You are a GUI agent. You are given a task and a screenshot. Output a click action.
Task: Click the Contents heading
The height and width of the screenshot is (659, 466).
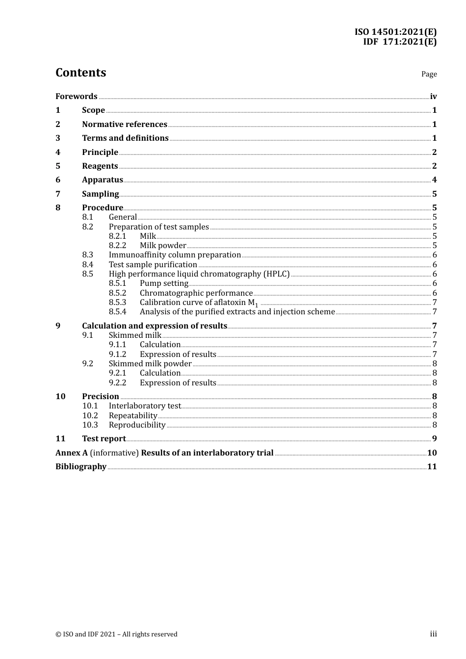click(x=80, y=73)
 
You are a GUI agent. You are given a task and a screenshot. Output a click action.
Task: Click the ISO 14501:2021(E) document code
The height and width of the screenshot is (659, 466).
click(x=395, y=32)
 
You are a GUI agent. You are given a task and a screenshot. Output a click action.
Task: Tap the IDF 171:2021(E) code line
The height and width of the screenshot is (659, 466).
click(x=399, y=42)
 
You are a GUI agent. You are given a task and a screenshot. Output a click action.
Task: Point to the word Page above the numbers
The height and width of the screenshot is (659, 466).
click(x=429, y=74)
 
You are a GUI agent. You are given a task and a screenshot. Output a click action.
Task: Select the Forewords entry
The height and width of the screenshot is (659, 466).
click(x=77, y=97)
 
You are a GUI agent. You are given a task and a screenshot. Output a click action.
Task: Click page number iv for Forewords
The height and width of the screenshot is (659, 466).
click(x=433, y=97)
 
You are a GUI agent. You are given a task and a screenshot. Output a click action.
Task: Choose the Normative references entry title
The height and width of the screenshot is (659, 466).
click(x=125, y=125)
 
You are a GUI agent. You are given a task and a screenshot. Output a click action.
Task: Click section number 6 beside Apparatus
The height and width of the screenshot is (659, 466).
click(x=58, y=180)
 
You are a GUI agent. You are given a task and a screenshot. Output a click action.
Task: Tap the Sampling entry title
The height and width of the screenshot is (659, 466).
click(x=101, y=194)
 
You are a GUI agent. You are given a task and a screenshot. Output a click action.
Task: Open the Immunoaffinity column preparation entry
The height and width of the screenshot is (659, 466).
click(x=175, y=255)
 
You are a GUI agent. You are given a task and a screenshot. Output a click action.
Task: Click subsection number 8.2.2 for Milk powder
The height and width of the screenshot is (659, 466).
click(x=117, y=246)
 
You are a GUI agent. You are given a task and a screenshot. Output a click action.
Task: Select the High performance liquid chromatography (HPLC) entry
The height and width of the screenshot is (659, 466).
click(x=199, y=274)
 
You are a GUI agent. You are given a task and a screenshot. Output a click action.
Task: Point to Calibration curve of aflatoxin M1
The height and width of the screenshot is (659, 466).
click(x=199, y=303)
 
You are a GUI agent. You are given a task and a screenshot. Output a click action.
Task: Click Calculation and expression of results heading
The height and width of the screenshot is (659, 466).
click(x=155, y=326)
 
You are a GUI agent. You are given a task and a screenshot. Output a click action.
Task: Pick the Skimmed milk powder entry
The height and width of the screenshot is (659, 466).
click(x=150, y=364)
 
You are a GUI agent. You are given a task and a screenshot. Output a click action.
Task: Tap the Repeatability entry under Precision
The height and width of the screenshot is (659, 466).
click(x=133, y=416)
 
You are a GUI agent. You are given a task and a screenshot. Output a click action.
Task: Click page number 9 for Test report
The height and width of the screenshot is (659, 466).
click(x=434, y=439)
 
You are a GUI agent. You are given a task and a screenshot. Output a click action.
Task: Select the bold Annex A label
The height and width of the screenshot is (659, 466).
click(x=72, y=453)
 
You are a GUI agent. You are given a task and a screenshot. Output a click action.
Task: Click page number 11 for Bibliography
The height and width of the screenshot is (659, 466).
click(x=432, y=467)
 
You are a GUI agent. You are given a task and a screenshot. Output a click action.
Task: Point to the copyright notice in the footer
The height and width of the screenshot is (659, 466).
click(x=116, y=634)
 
